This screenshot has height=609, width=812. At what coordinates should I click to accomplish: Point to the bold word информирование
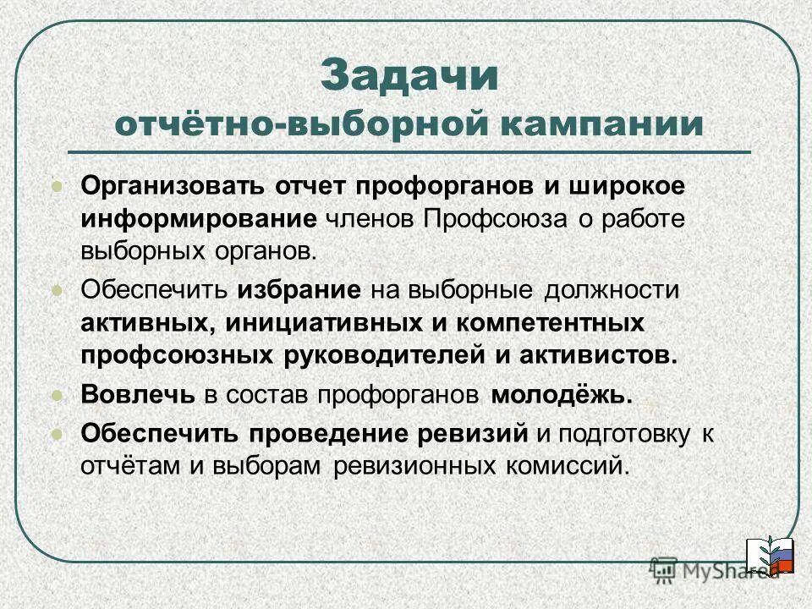click(x=199, y=218)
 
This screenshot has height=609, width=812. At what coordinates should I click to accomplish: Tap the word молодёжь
click(x=562, y=395)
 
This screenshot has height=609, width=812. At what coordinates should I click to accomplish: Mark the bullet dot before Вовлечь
click(x=58, y=395)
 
